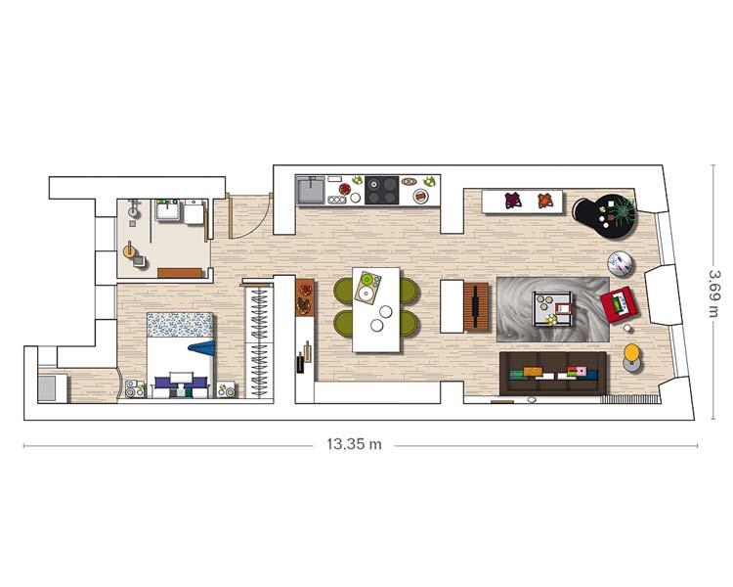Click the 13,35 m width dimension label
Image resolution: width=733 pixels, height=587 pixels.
354,444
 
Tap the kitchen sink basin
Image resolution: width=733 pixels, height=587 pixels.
311,189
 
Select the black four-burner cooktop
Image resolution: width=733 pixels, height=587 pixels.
382,190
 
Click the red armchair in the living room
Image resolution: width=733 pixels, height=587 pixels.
618,305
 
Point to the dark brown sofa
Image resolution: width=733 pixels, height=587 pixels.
553,373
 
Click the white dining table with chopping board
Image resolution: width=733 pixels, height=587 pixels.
377,309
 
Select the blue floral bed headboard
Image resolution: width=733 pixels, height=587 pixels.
180,325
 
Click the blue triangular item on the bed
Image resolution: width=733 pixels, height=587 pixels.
202,347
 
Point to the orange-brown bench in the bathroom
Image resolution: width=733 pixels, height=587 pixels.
179,273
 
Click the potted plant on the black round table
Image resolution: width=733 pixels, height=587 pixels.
620,209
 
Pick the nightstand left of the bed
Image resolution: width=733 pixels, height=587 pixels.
134,389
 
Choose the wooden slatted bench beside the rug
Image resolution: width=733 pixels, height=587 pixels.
477,307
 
